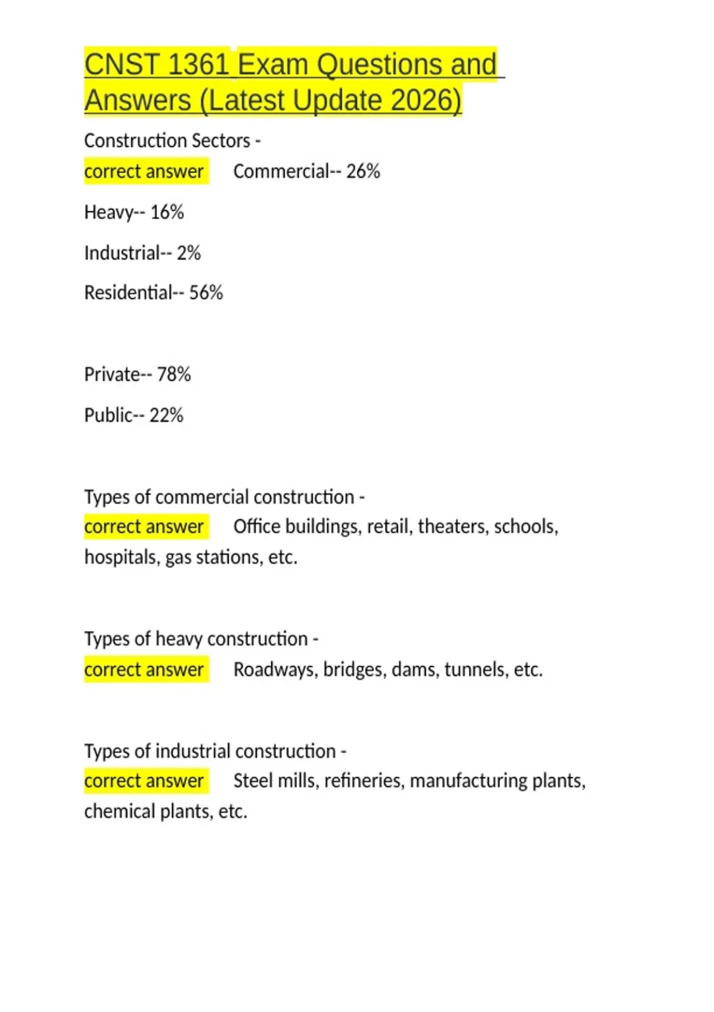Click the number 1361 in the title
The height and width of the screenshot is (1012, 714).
tap(199, 65)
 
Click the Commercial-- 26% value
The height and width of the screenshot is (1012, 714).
tap(306, 171)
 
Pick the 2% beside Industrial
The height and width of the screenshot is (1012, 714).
tap(189, 253)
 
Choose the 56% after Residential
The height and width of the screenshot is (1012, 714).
tap(206, 293)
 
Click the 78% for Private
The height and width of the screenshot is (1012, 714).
tap(174, 374)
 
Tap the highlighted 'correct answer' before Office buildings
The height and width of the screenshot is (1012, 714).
tap(144, 527)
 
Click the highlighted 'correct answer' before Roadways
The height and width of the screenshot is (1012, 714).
tap(144, 670)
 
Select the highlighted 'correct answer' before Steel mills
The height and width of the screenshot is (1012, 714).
tap(144, 781)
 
